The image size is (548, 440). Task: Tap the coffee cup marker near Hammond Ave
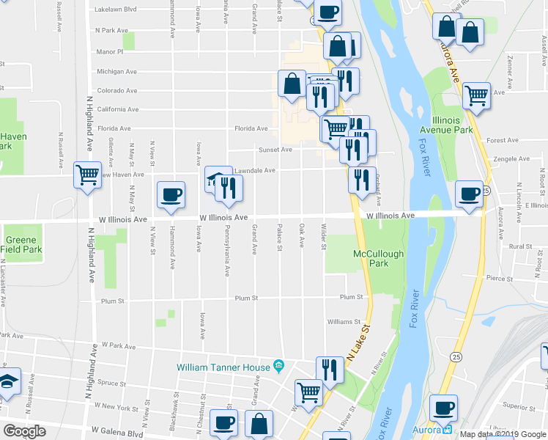click(171, 194)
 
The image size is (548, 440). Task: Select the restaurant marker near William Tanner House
click(329, 370)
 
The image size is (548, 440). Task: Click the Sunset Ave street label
click(275, 150)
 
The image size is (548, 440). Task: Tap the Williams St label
click(344, 321)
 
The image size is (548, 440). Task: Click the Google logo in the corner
click(24, 431)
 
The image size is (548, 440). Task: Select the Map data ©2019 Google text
click(502, 434)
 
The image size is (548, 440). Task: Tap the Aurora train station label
click(439, 430)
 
